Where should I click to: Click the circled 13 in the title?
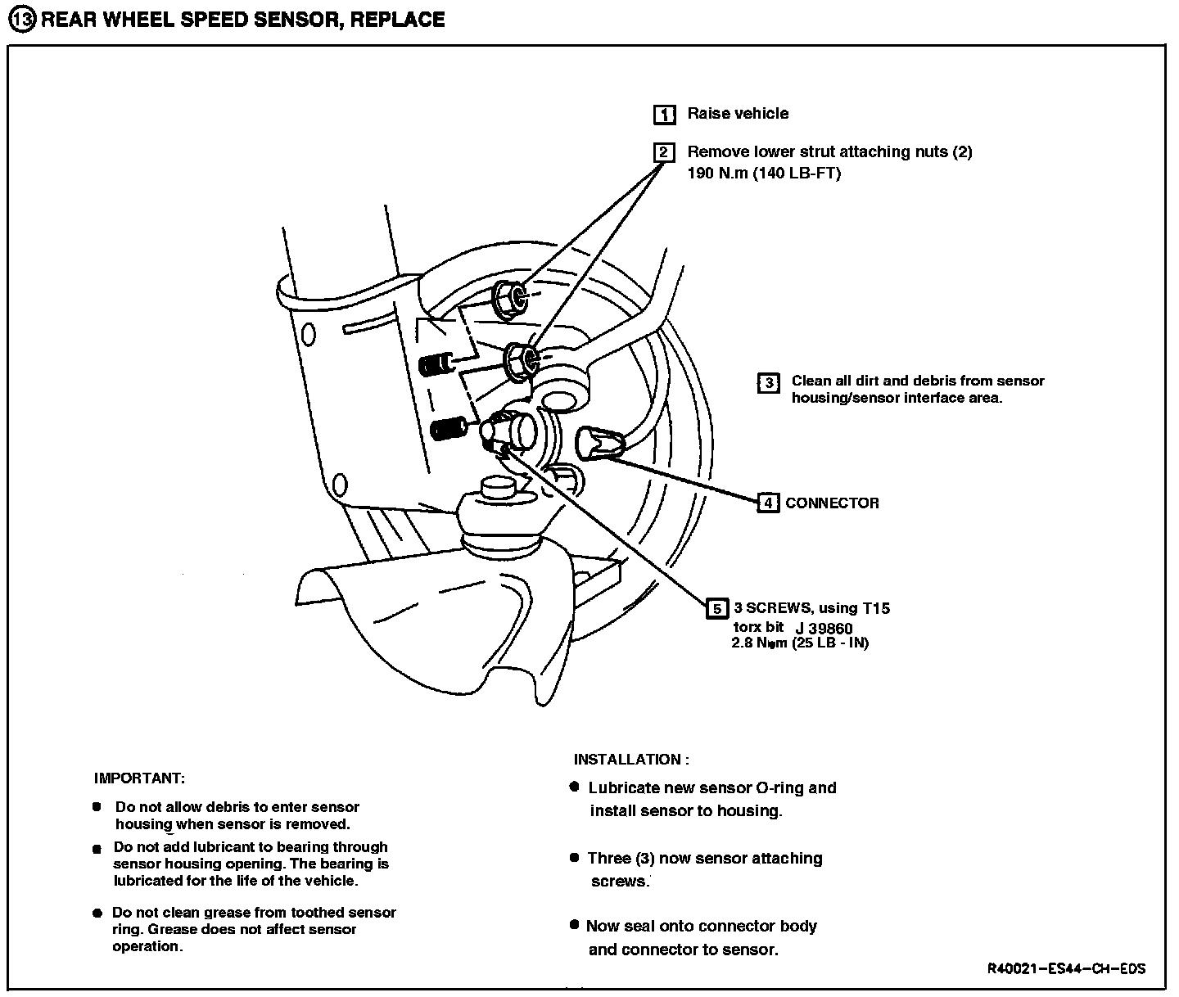coord(22,20)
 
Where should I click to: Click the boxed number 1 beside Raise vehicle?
coord(664,115)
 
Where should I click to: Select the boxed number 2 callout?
coord(664,152)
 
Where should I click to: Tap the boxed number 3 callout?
coord(768,382)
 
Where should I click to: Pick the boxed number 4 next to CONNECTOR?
coord(767,503)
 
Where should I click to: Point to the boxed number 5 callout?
coord(716,608)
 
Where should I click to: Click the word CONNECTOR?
coord(832,503)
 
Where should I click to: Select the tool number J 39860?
coord(824,629)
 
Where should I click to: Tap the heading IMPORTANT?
coord(139,778)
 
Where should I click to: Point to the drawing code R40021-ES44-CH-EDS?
coord(1066,969)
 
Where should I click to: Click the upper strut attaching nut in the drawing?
coord(509,300)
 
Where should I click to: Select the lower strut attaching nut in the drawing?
coord(520,361)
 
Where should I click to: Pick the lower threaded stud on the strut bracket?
coord(447,429)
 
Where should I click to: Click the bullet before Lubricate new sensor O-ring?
coord(574,787)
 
